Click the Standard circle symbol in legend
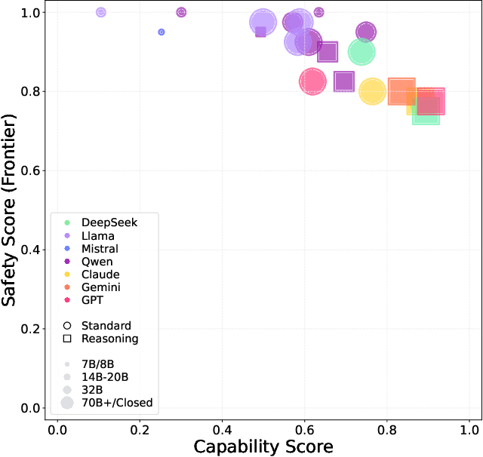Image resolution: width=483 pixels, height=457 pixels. pyautogui.click(x=67, y=326)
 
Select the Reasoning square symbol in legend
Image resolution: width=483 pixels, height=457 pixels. pyautogui.click(x=67, y=339)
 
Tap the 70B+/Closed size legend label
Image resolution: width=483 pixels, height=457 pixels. pyautogui.click(x=117, y=403)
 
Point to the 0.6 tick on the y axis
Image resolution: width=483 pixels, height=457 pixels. pyautogui.click(x=35, y=170)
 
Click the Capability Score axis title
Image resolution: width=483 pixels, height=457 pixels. pyautogui.click(x=263, y=446)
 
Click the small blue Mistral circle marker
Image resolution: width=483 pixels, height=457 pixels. pyautogui.click(x=162, y=32)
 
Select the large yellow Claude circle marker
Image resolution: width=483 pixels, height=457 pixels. pyautogui.click(x=372, y=92)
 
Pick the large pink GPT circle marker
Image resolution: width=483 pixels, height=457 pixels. pyautogui.click(x=312, y=81)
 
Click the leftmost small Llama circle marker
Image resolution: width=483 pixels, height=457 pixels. pyautogui.click(x=101, y=13)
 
